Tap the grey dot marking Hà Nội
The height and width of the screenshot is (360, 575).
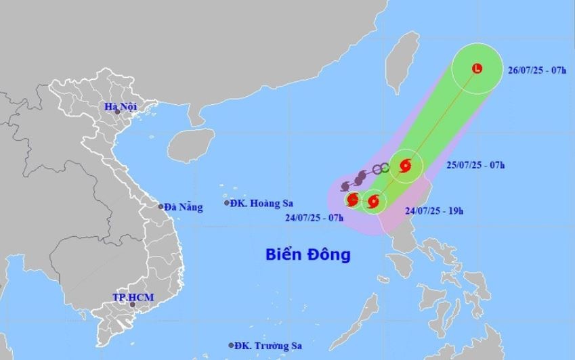[117, 111]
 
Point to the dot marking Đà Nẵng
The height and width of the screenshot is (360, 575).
[161, 206]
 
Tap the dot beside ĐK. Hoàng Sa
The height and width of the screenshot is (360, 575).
[227, 202]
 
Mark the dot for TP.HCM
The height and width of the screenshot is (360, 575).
[133, 305]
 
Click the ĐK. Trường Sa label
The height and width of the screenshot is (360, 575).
[269, 345]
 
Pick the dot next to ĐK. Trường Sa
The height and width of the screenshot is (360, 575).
[232, 345]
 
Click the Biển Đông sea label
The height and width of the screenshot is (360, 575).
[307, 254]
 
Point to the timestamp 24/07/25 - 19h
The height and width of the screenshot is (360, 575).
[433, 210]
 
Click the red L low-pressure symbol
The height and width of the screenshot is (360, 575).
[477, 68]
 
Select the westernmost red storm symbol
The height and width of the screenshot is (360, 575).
[352, 200]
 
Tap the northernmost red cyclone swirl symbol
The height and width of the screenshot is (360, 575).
[405, 165]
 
